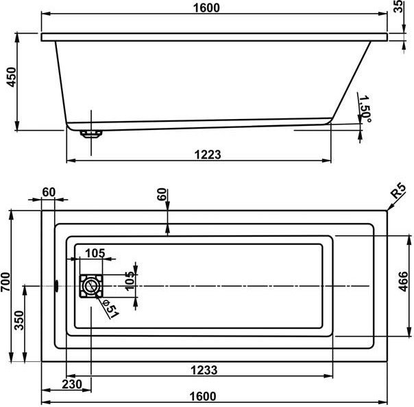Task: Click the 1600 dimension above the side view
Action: point(206,8)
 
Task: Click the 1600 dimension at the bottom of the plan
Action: point(203,396)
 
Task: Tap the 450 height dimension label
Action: point(12,77)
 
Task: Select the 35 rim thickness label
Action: point(398,6)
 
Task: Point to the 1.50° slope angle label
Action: point(366,109)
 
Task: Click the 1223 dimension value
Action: point(208,155)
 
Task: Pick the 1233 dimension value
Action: point(204,370)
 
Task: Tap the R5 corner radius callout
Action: point(398,191)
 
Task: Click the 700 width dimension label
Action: point(5,282)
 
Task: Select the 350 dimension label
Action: point(19,320)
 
